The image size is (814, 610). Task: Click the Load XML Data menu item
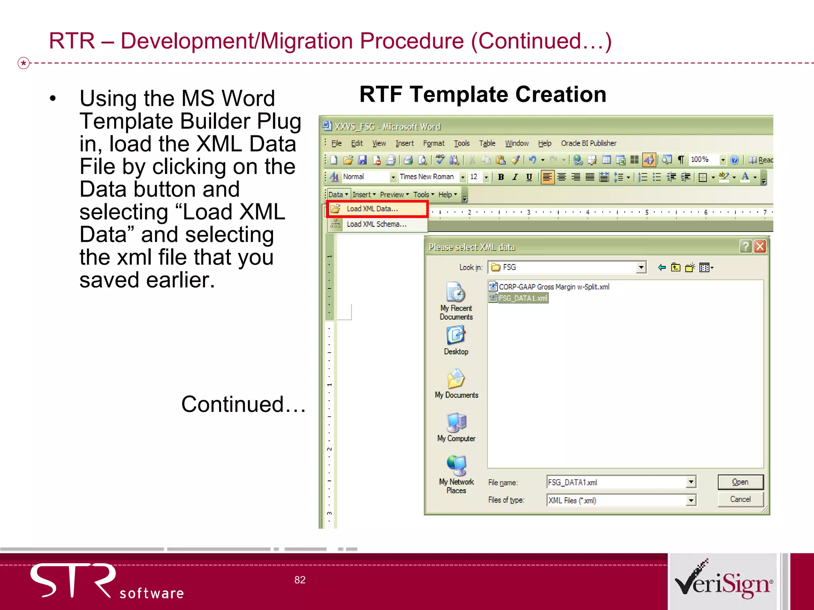[372, 209]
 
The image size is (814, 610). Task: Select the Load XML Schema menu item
[376, 224]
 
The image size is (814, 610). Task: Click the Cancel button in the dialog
[740, 500]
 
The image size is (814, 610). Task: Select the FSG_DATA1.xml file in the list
[523, 298]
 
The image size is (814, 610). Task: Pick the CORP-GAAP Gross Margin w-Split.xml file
[554, 287]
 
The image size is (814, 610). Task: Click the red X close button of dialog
[760, 247]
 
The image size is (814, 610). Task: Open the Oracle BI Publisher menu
[588, 143]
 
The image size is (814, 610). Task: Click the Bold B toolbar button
[501, 177]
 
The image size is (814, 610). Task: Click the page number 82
[300, 580]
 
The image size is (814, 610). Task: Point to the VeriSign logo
[723, 581]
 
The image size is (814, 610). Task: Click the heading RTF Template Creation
[483, 95]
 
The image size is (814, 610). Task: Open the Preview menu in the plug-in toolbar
[394, 195]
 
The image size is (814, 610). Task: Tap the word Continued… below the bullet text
[243, 404]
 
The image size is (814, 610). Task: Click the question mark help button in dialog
[745, 247]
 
